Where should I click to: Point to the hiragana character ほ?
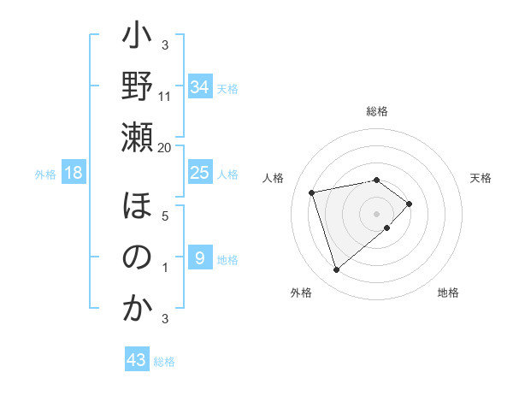137,209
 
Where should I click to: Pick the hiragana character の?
137,257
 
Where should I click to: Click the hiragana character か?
137,309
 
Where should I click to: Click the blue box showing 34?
199,87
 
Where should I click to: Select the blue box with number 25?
199,174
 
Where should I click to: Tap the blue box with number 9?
199,258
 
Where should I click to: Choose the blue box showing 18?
74,174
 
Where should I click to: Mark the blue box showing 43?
136,360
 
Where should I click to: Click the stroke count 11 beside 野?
165,96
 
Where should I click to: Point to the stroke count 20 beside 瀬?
164,147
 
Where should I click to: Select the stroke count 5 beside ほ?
165,216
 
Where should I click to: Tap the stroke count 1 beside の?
165,267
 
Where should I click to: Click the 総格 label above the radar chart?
376,111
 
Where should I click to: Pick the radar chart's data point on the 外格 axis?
336,270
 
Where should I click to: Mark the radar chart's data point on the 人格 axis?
312,192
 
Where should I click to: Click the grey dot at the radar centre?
376,212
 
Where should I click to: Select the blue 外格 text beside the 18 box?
45,174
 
